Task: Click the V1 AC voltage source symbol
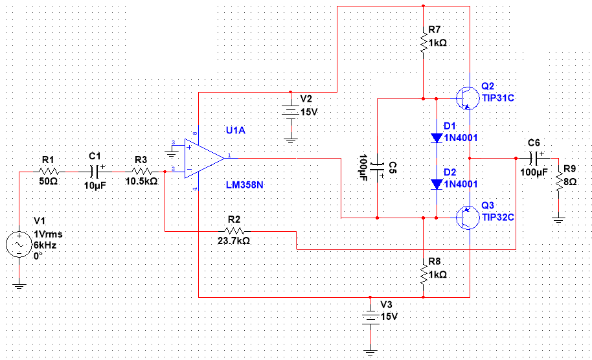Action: pyautogui.click(x=19, y=245)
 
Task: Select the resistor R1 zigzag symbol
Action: pyautogui.click(x=49, y=172)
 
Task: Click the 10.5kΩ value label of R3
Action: pyautogui.click(x=141, y=181)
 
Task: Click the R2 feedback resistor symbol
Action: pyautogui.click(x=234, y=231)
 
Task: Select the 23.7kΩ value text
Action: pyautogui.click(x=234, y=240)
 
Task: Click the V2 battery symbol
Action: pyautogui.click(x=291, y=112)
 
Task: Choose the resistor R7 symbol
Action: pyautogui.click(x=423, y=43)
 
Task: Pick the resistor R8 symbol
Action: pyautogui.click(x=423, y=275)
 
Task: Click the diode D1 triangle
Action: pyautogui.click(x=437, y=138)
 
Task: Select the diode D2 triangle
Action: pyautogui.click(x=437, y=184)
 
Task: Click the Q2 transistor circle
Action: pyautogui.click(x=468, y=98)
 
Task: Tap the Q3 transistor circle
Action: pyautogui.click(x=468, y=218)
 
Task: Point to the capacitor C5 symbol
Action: pyautogui.click(x=377, y=167)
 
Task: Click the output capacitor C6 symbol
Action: pyautogui.click(x=534, y=159)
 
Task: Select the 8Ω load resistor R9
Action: pyautogui.click(x=558, y=182)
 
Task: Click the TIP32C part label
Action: pyautogui.click(x=498, y=218)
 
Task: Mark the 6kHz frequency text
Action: pyautogui.click(x=45, y=245)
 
